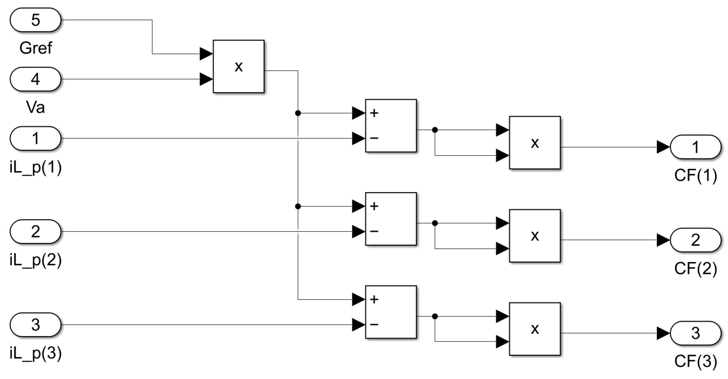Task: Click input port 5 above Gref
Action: (35, 20)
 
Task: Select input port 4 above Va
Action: (35, 79)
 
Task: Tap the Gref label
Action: (36, 48)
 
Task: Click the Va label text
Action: (35, 107)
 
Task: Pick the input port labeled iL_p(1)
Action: (35, 138)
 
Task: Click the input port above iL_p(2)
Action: (35, 231)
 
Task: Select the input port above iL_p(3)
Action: (35, 325)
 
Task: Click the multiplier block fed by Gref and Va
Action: (238, 67)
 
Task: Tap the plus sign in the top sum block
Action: (374, 113)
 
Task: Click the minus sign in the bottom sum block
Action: (374, 324)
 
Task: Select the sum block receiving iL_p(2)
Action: (391, 219)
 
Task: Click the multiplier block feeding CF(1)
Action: (535, 143)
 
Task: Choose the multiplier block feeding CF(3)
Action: (535, 329)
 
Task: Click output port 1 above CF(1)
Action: (696, 147)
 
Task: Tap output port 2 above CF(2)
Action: (696, 240)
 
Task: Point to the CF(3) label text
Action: (696, 361)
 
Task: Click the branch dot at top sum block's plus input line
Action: (298, 113)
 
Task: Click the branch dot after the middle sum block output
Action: (435, 223)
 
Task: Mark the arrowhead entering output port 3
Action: (663, 333)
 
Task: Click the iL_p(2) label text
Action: (36, 260)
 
